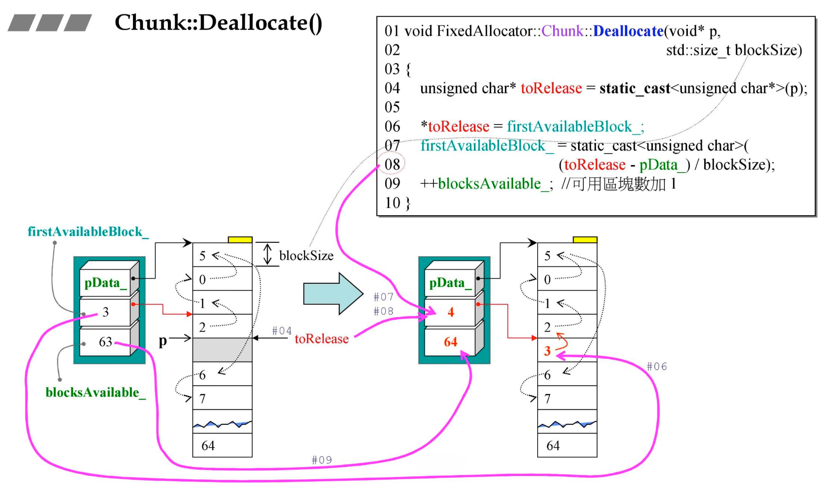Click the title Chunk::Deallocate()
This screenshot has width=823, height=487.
(x=218, y=23)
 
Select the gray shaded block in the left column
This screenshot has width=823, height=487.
(x=222, y=350)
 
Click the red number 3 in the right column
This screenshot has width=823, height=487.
(x=547, y=351)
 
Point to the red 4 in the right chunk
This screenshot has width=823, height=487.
(x=451, y=312)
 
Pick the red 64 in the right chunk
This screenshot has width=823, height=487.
(x=451, y=342)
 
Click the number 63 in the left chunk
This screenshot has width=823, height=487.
(x=105, y=342)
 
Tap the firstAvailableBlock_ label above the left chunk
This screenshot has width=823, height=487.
(x=88, y=232)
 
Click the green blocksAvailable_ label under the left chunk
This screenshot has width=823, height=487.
(x=95, y=393)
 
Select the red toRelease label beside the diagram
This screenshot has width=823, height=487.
(x=321, y=339)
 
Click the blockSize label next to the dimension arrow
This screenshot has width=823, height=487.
(x=306, y=256)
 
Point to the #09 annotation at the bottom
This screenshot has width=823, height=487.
(x=321, y=460)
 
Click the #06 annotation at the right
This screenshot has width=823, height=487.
(x=656, y=367)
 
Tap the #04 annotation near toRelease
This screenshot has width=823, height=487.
(x=282, y=331)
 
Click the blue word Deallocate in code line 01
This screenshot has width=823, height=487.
(x=628, y=31)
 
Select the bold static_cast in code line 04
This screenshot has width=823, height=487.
(x=634, y=88)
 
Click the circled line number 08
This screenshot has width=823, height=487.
(x=392, y=165)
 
